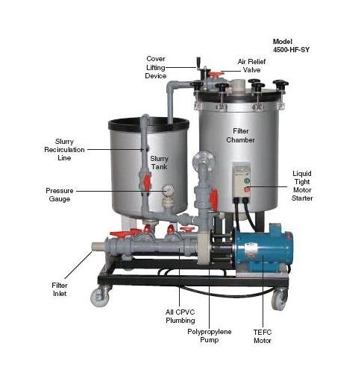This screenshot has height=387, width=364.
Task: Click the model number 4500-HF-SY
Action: pos(291,50)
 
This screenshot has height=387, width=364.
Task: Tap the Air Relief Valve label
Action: pos(251,66)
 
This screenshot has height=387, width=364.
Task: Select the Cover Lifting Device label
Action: pos(156,67)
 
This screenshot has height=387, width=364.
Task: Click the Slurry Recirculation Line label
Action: pos(64,150)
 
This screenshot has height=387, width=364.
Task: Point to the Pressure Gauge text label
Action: pos(60,195)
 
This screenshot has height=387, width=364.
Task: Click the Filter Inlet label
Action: pos(60,289)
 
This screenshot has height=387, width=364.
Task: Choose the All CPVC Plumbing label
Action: pos(181,316)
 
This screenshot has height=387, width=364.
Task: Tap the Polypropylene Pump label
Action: pos(210,336)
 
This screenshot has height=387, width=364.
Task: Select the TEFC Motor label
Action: pos(263,336)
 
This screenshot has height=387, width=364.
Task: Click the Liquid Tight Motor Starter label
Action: pos(302,186)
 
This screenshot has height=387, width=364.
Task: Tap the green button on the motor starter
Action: pos(247,180)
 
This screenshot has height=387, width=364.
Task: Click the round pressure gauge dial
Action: pos(168,191)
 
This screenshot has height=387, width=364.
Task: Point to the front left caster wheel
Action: pos(100,297)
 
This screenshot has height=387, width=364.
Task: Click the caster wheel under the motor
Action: pos(279,300)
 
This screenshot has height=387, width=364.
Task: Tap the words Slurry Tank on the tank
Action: pos(159,163)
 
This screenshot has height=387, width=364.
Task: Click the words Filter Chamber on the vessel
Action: pos(240,136)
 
